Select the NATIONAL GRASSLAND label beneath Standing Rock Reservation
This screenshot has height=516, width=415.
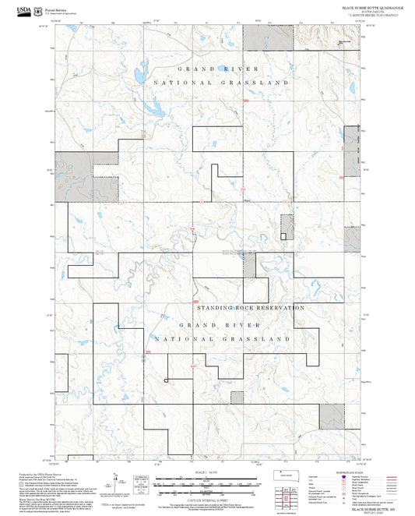pyautogui.click(x=223, y=340)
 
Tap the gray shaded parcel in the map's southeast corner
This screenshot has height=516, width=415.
pyautogui.click(x=331, y=418)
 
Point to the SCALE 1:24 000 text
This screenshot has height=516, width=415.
pyautogui.click(x=207, y=473)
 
